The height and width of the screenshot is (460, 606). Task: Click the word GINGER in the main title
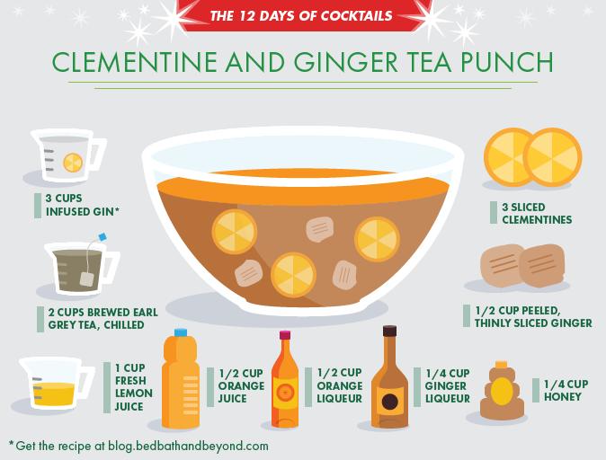346,62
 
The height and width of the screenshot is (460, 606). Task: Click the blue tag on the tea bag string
102,236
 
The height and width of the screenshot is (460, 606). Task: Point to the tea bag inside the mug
86,279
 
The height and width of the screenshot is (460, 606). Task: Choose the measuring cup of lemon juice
57,384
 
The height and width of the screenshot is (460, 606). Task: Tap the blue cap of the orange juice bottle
181,332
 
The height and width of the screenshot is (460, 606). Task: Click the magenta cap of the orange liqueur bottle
285,335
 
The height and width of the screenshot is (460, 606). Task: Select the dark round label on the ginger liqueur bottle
389,402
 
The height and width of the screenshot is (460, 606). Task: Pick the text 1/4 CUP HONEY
566,391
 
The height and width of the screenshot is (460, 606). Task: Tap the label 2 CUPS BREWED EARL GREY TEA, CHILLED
102,318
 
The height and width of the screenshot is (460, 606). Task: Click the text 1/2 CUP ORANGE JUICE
241,385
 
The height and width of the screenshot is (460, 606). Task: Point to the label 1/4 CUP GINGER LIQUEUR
448,385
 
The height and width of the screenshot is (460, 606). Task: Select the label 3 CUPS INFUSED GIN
83,205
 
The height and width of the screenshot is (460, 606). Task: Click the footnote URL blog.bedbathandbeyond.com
188,447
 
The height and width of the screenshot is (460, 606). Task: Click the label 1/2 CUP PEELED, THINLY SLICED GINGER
533,317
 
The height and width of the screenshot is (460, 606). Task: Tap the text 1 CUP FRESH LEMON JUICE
134,387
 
